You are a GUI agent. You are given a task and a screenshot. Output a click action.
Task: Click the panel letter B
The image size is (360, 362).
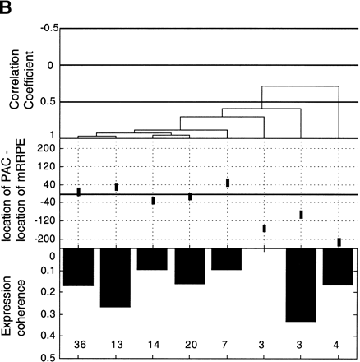click(x=7, y=8)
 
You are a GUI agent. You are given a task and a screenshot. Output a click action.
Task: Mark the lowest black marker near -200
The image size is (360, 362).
click(x=339, y=242)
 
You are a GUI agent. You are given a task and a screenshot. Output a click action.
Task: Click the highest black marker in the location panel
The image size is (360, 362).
click(x=228, y=183)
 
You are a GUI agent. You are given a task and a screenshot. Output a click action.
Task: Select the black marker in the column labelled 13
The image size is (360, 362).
click(x=117, y=187)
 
